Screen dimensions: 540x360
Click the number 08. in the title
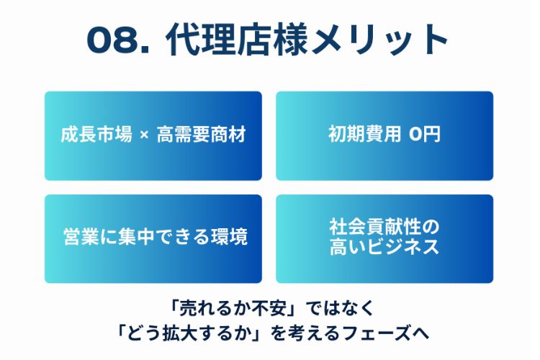coord(118,40)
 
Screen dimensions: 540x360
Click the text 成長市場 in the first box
coord(96,134)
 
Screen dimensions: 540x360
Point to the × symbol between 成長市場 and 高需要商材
coord(144,135)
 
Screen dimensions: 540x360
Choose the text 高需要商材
coord(202,134)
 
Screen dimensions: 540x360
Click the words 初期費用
coord(365,134)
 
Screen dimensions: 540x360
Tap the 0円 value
coord(425,134)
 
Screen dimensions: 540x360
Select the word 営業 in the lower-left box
coord(81,237)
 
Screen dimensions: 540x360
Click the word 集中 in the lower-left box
coord(135,237)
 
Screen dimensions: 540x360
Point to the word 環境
coord(230,237)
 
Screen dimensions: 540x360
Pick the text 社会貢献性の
coord(384,227)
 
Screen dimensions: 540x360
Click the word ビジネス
coord(403,247)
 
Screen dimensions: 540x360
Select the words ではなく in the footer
coord(340,308)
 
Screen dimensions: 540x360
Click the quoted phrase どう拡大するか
coord(188,333)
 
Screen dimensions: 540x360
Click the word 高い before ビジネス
coord(347,247)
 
